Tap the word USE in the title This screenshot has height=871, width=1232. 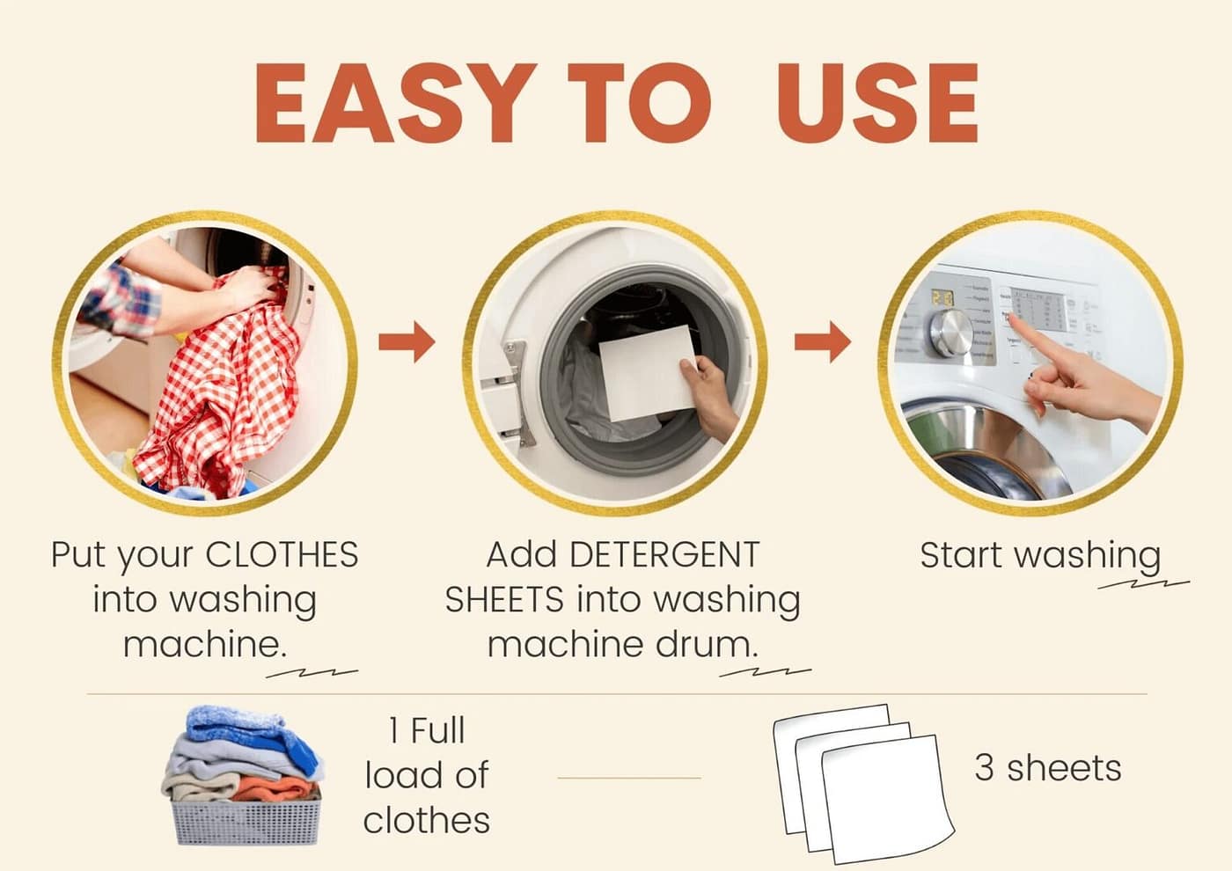[877, 104]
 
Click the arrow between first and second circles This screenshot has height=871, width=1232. [407, 341]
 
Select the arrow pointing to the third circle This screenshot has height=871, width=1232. [822, 341]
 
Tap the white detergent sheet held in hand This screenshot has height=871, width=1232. [647, 370]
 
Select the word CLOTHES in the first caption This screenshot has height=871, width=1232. [282, 555]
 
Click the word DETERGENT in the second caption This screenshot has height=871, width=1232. [664, 555]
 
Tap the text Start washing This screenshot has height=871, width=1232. [1040, 556]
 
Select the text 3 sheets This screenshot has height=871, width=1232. [1047, 768]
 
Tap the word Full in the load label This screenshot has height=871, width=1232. [437, 731]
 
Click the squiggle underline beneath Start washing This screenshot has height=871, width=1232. [1144, 583]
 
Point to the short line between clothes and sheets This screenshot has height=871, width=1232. [629, 778]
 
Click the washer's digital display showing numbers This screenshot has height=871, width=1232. [942, 298]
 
